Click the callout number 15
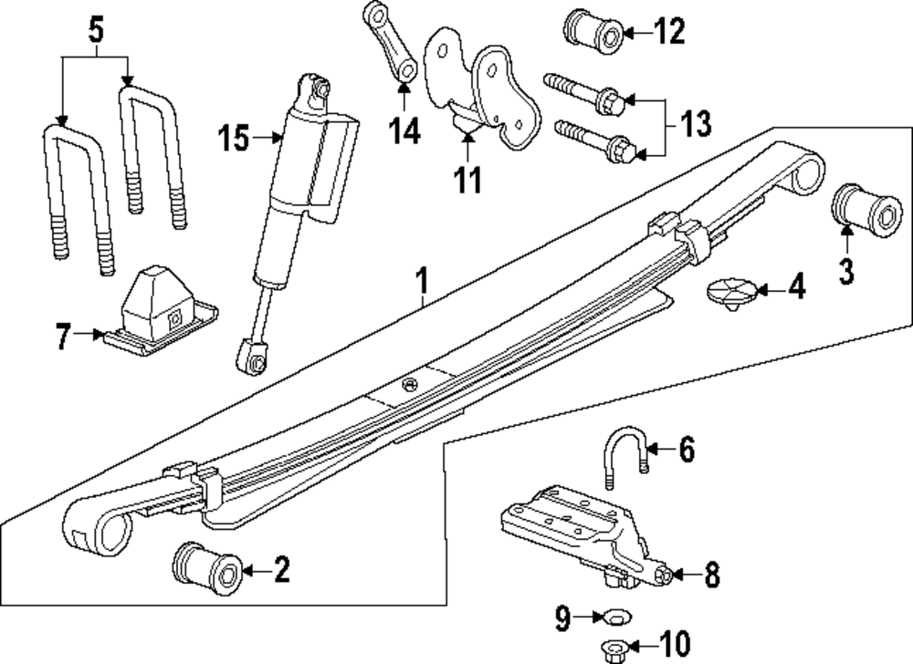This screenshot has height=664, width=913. tap(234, 139)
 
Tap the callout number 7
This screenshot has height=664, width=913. tap(64, 337)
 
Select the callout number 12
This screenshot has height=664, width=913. tap(669, 31)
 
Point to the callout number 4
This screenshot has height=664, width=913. tap(796, 286)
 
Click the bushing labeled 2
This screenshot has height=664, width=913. tap(208, 568)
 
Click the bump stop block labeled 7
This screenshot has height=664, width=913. tap(161, 309)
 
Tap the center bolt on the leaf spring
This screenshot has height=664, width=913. tap(410, 384)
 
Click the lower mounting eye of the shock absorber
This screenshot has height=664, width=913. tap(253, 357)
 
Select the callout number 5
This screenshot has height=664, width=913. tap(97, 30)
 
